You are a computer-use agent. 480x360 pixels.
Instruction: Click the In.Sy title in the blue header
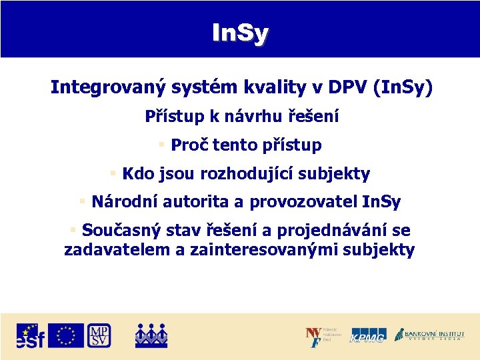[240, 31]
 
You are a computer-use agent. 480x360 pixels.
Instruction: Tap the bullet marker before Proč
[161, 145]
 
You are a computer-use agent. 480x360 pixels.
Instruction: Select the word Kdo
[138, 174]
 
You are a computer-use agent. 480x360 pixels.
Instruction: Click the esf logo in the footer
[30, 336]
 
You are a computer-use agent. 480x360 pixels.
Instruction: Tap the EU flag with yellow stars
[66, 335]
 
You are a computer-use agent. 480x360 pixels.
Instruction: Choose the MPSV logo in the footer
[99, 335]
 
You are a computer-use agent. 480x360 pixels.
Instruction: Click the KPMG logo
[368, 336]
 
